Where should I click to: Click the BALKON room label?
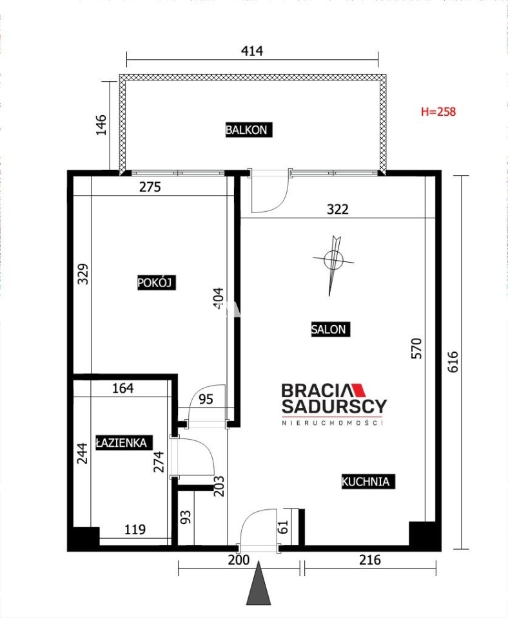tap(249, 130)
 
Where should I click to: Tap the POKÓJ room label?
tap(156, 283)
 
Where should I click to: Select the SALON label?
tap(330, 329)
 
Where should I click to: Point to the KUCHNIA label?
tap(368, 482)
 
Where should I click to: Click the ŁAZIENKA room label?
tap(124, 443)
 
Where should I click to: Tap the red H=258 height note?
tap(438, 111)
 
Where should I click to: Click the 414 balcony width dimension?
tap(252, 51)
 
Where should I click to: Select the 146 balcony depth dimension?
tap(101, 125)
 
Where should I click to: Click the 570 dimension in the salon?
tap(416, 348)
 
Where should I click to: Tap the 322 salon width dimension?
tap(338, 209)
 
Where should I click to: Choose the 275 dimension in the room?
tap(150, 187)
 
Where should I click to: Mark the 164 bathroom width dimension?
tap(122, 388)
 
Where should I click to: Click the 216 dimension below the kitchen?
tap(370, 559)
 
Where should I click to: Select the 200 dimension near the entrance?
tap(239, 559)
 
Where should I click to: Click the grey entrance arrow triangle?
tap(259, 587)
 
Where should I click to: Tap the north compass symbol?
tap(333, 261)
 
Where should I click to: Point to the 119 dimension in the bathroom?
tap(135, 529)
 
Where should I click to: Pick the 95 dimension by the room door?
tap(206, 399)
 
